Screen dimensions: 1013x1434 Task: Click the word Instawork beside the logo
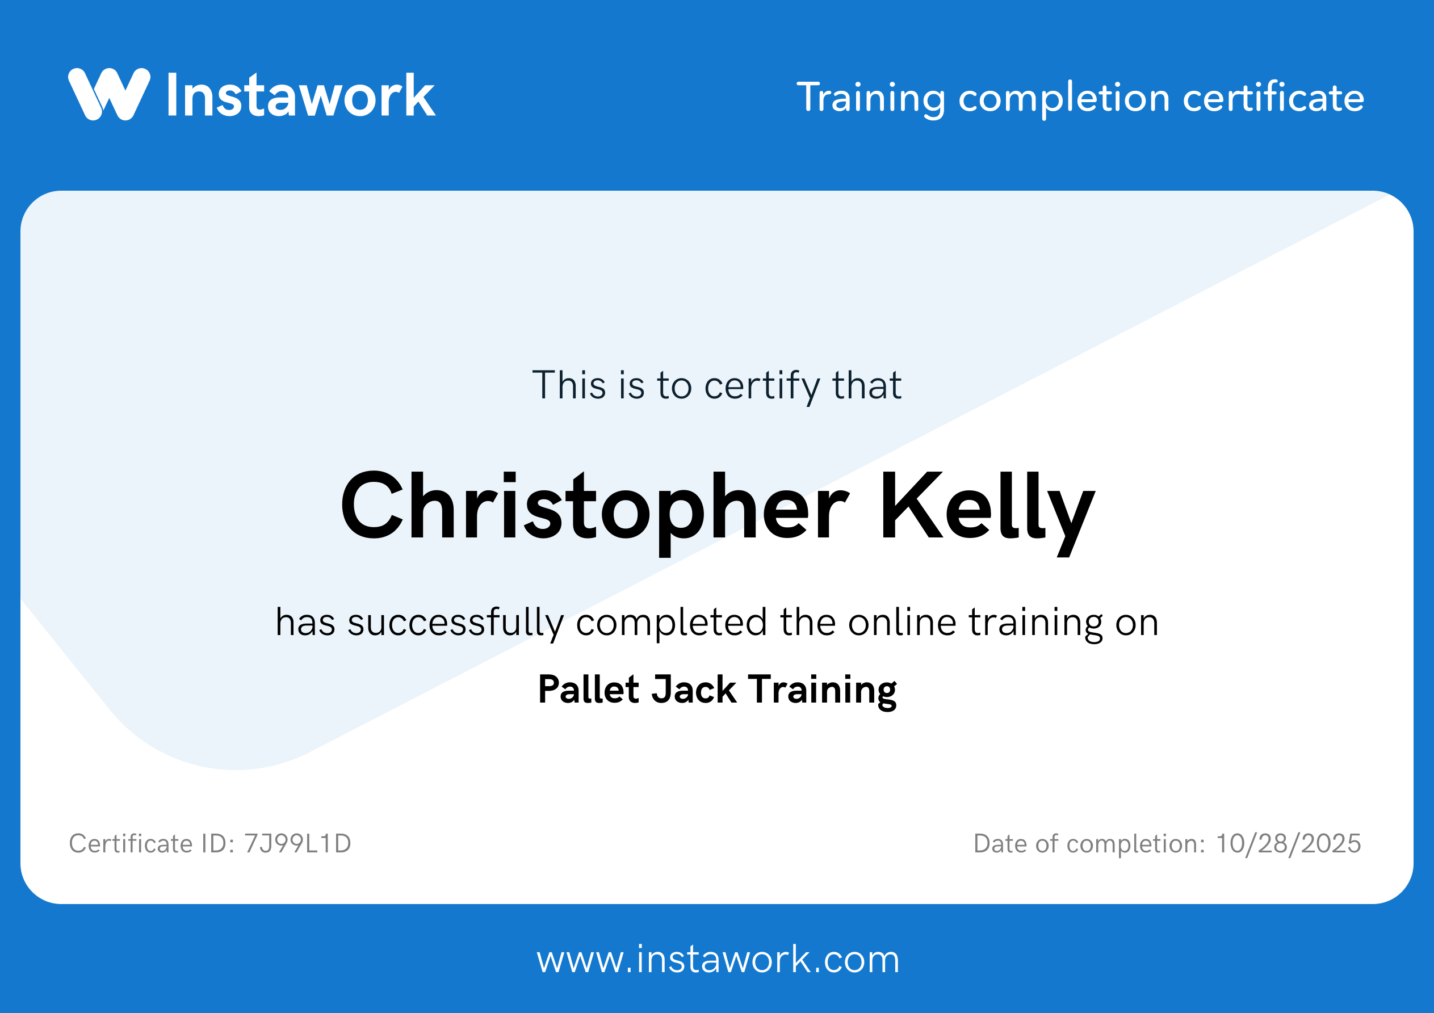pyautogui.click(x=300, y=95)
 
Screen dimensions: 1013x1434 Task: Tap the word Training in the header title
pyautogui.click(x=871, y=98)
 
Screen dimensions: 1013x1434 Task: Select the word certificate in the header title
pyautogui.click(x=1273, y=98)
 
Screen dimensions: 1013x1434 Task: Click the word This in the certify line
pyautogui.click(x=569, y=385)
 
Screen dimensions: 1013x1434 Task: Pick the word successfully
pyautogui.click(x=455, y=623)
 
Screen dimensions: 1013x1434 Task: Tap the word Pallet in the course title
pyautogui.click(x=589, y=690)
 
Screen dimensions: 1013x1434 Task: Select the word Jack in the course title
pyautogui.click(x=694, y=690)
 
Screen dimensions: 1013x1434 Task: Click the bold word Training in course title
pyautogui.click(x=823, y=691)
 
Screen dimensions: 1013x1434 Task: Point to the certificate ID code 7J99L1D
pyautogui.click(x=298, y=844)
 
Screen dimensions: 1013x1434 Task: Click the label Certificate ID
pyautogui.click(x=151, y=844)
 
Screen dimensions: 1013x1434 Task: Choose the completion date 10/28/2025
pyautogui.click(x=1289, y=844)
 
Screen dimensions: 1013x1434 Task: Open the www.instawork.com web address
pyautogui.click(x=718, y=960)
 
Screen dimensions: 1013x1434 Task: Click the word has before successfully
pyautogui.click(x=305, y=623)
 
